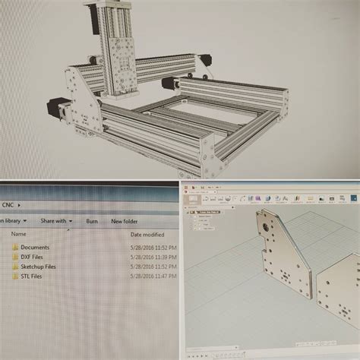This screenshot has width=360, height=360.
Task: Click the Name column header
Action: pyautogui.click(x=18, y=235)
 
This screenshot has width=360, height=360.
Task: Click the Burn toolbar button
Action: pyautogui.click(x=92, y=221)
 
